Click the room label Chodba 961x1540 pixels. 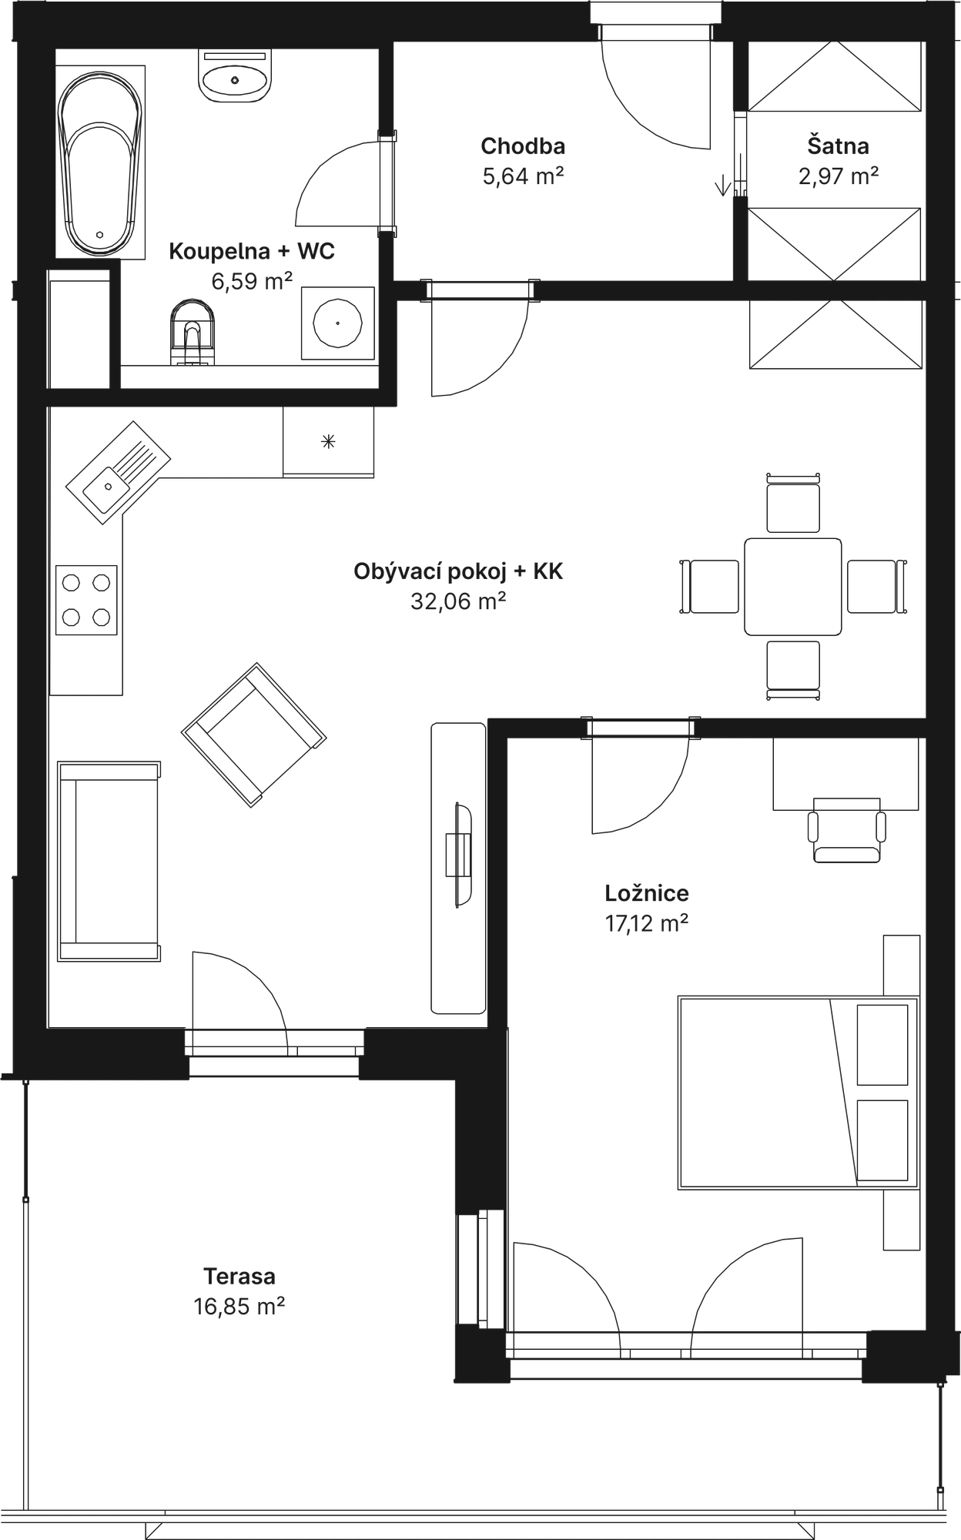tap(523, 146)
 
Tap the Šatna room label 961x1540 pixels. tap(838, 146)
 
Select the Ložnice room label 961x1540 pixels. tap(646, 893)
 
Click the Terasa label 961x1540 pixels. tap(240, 1277)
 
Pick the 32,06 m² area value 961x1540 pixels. tap(458, 601)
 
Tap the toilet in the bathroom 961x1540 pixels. tap(191, 330)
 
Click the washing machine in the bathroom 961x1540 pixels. tap(337, 324)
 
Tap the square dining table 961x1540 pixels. tap(792, 586)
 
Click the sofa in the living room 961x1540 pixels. tap(109, 860)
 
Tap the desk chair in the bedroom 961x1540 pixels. tap(845, 832)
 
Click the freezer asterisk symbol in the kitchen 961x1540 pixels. tap(329, 441)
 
